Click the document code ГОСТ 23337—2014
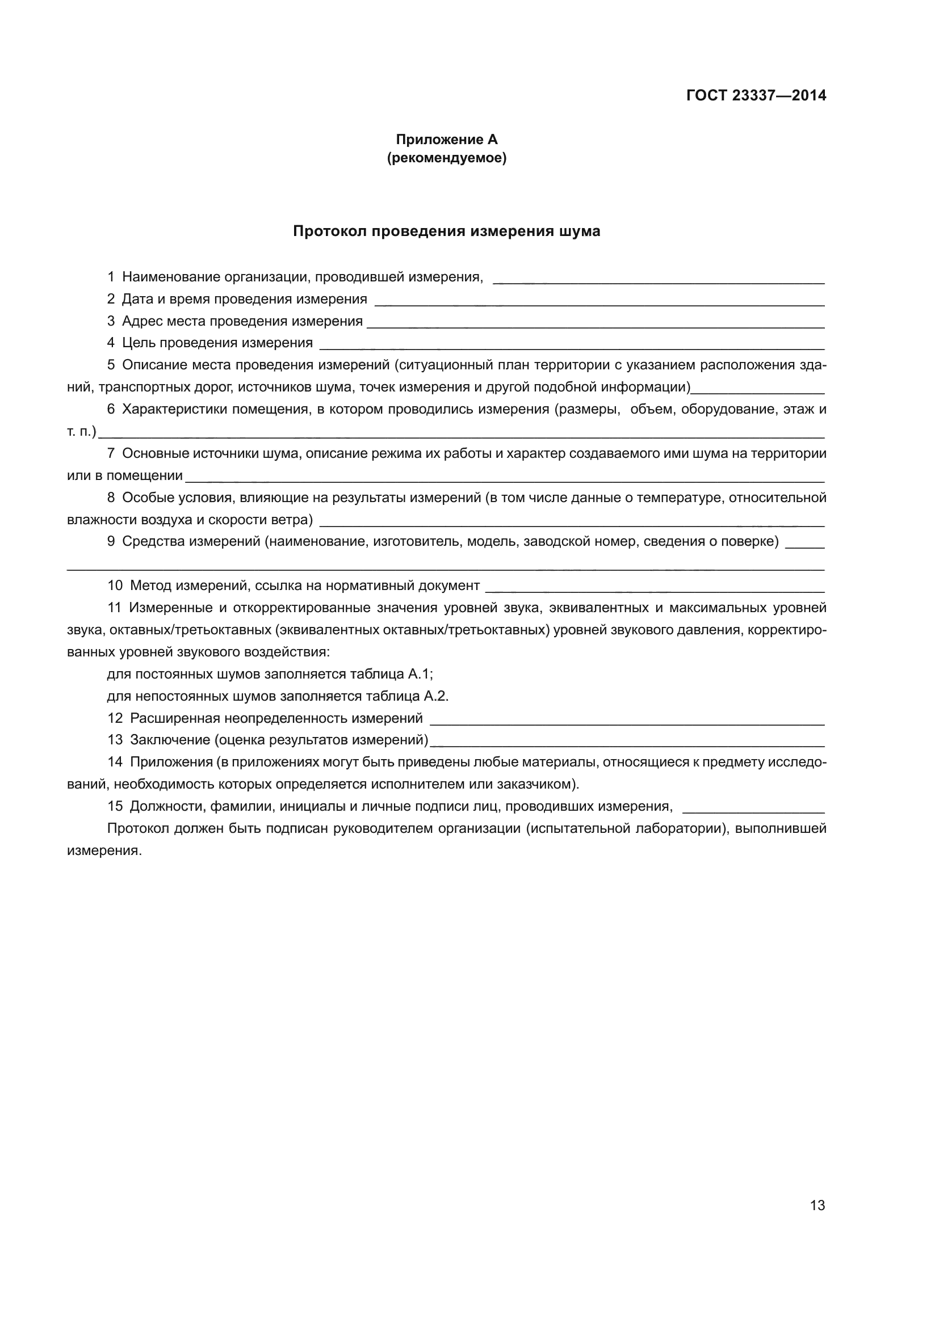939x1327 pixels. (756, 95)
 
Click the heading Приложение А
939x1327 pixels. (446, 140)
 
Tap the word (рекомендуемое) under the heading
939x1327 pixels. (446, 158)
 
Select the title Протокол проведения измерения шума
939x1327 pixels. (446, 231)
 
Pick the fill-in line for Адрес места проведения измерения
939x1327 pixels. (596, 326)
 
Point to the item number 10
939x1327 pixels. (115, 585)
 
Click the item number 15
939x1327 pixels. (115, 806)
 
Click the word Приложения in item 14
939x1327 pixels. (171, 762)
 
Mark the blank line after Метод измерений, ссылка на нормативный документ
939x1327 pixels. (655, 591)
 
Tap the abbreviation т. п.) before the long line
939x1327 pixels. (82, 432)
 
